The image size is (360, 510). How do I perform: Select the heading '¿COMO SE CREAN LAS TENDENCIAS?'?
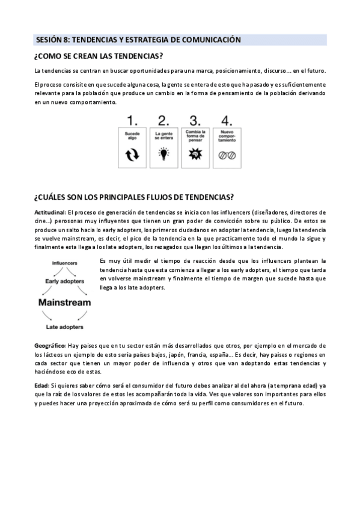(x=99, y=57)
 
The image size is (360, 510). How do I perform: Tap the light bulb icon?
(x=163, y=155)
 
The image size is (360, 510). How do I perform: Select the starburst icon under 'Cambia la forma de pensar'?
(x=195, y=155)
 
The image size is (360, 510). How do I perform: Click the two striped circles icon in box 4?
(x=227, y=155)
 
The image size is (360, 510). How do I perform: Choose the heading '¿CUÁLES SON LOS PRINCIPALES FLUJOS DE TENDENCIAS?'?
(x=133, y=198)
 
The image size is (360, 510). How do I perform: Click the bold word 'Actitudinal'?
(x=50, y=212)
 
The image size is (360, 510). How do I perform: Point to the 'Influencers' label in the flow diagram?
(x=64, y=263)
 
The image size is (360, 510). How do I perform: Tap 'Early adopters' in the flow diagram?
(x=64, y=281)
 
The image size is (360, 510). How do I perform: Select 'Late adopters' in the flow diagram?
(x=64, y=327)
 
